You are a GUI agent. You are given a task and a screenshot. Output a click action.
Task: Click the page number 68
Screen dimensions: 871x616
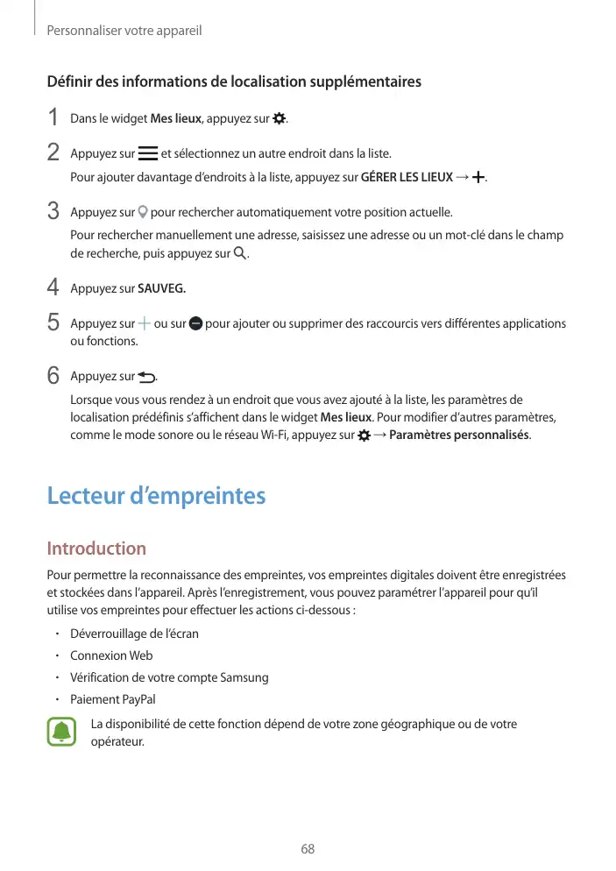[308, 849]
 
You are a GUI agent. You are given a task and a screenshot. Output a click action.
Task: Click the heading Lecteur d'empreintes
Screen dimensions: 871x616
[156, 496]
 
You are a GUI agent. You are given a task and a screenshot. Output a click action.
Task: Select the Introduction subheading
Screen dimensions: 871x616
[96, 549]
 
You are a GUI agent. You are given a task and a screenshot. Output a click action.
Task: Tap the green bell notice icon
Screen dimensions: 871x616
[61, 733]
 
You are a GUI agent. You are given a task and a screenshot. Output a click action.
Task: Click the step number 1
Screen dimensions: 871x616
[53, 117]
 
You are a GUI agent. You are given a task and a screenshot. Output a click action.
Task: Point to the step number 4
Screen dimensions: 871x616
[53, 287]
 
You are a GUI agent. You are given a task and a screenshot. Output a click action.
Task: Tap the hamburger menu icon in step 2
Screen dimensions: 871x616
[148, 154]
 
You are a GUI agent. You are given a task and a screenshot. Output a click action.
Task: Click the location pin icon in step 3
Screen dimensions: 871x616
[144, 212]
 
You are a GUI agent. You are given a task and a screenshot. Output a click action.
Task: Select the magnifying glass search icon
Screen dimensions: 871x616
[240, 254]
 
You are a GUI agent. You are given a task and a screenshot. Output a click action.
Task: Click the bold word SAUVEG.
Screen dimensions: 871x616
[162, 287]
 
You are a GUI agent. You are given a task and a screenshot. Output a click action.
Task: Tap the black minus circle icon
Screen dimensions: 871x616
[195, 323]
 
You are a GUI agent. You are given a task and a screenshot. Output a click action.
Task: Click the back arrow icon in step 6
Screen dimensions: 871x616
[145, 377]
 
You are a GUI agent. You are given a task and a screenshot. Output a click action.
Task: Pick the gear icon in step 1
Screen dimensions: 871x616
[280, 117]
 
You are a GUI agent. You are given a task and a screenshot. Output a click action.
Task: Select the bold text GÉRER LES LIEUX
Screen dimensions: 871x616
[407, 178]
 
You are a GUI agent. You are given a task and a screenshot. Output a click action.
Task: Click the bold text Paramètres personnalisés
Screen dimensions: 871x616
[458, 435]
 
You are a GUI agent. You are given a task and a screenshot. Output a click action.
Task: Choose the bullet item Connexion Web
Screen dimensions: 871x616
[111, 655]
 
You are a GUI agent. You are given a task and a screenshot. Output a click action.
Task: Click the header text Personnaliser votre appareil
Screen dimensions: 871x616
[124, 31]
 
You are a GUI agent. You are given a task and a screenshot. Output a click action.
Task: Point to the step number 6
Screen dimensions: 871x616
[53, 377]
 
